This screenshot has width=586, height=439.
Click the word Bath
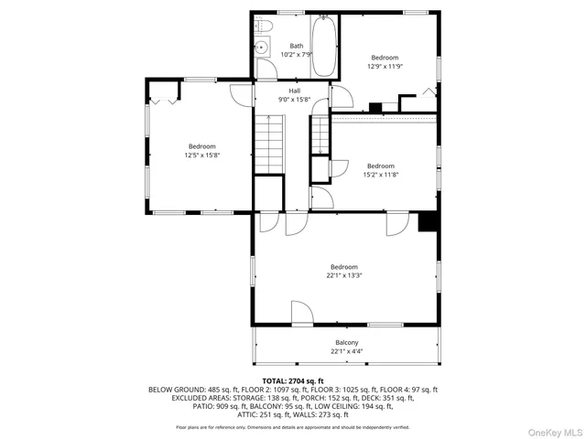297,46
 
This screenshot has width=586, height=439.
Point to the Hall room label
295,91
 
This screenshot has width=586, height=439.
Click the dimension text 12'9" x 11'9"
385,66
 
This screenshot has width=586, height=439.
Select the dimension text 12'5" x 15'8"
202,155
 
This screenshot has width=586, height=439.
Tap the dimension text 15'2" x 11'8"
381,174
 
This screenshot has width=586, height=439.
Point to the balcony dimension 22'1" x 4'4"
346,351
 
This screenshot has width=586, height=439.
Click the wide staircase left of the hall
268,145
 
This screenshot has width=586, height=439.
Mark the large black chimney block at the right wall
427,222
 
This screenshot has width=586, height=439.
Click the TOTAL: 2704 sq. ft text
293,380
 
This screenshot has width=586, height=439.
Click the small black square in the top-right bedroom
374,107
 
